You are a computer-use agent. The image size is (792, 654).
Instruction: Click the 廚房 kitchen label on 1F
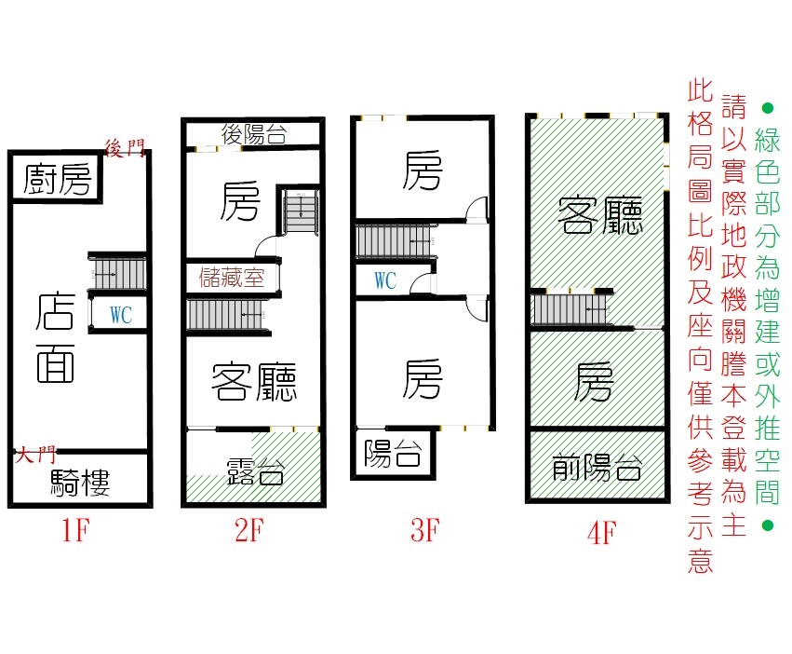point(57,180)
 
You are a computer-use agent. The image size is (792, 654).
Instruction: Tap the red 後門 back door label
point(125,148)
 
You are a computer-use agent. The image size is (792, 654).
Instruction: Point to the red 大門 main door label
point(35,456)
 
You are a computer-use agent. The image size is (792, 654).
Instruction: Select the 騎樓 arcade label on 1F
point(80,482)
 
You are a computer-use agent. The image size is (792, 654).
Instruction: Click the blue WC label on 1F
point(121,315)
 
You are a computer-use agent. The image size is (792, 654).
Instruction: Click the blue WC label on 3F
point(385,280)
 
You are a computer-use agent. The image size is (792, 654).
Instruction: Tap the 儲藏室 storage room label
point(232,278)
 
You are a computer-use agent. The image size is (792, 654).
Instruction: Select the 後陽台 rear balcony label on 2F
point(254,134)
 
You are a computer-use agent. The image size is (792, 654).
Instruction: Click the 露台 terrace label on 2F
point(255,471)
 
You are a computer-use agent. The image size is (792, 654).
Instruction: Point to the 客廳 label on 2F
point(254,382)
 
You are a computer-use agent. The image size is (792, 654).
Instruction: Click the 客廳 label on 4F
point(600,216)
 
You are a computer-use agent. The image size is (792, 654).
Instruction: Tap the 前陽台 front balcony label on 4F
point(597,467)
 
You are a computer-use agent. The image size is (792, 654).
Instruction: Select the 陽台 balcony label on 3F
point(393,453)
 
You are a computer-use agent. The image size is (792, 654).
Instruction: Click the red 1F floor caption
point(75,530)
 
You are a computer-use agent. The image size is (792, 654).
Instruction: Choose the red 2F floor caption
point(249,530)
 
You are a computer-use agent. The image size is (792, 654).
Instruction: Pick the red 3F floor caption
point(425,530)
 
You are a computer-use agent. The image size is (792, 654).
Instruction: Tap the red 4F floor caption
point(601,533)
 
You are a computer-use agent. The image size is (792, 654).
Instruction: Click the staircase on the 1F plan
point(117,274)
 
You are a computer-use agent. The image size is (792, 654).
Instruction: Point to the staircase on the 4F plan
point(571,309)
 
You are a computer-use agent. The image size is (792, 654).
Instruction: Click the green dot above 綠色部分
point(767,108)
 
